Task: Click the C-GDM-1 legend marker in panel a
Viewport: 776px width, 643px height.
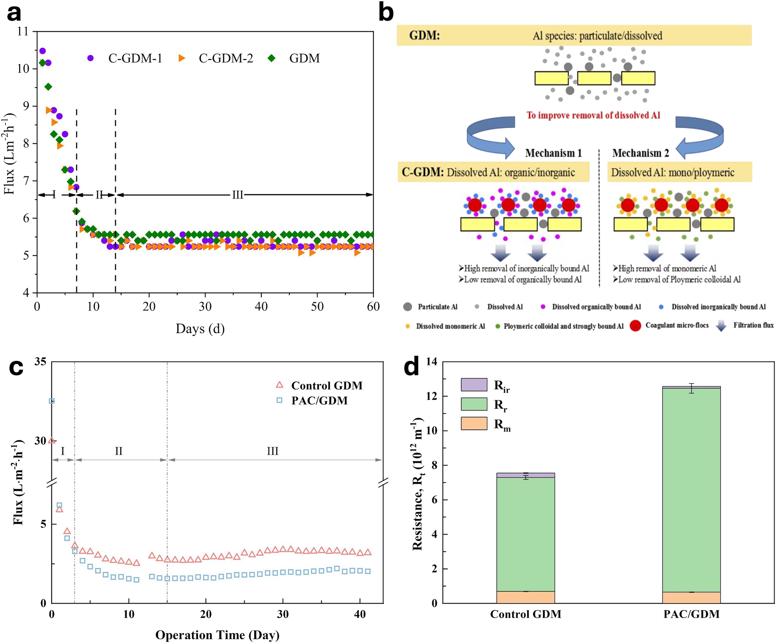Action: click(90, 58)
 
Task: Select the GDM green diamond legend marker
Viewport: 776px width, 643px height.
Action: click(271, 58)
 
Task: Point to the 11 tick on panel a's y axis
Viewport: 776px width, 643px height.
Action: click(23, 31)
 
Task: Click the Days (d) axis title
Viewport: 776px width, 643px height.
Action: click(200, 328)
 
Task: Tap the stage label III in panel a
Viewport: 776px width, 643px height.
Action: click(237, 195)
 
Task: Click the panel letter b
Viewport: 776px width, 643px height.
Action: click(386, 13)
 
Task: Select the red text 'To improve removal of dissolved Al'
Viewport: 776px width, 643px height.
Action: click(593, 115)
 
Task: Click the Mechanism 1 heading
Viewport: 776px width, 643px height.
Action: click(553, 153)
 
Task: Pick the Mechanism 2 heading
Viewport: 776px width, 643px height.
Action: click(640, 153)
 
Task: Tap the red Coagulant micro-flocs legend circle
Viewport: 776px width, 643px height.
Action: click(635, 326)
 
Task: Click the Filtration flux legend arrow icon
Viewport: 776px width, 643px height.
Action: click(721, 326)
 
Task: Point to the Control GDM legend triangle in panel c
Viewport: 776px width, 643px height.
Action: click(280, 385)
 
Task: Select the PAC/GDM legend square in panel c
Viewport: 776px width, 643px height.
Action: click(280, 400)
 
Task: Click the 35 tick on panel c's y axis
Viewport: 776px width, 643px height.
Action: click(40, 362)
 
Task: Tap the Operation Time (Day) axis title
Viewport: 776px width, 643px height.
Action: click(217, 635)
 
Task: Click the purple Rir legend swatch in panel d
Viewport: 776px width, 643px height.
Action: click(474, 384)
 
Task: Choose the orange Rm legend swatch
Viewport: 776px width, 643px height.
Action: click(474, 423)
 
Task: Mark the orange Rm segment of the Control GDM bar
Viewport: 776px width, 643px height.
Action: click(525, 597)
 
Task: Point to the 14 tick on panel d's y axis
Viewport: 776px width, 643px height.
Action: click(432, 362)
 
